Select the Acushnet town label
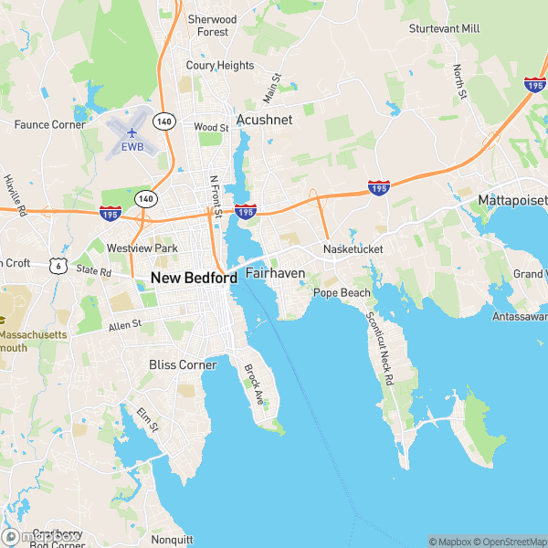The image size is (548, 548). pos(263,120)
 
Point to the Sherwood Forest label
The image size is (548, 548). pos(212,26)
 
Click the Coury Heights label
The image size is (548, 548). pos(220,66)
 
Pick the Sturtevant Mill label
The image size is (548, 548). pos(445,29)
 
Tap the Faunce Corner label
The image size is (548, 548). pos(49,124)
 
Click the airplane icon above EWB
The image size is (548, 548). pos(133,133)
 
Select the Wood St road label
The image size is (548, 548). pos(211,128)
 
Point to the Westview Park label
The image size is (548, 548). pos(142,248)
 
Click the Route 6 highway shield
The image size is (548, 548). pos(59,266)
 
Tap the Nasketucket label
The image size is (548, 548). pos(353,248)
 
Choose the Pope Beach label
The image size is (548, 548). pos(342,293)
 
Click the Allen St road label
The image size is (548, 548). pos(125,324)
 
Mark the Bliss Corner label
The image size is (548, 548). pos(183,365)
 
